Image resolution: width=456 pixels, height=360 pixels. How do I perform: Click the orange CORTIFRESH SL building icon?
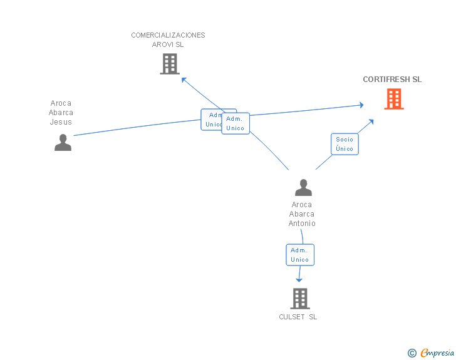[393, 99]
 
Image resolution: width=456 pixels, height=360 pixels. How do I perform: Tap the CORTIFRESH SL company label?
[392, 80]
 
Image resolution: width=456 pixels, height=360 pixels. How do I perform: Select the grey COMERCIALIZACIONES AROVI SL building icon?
[169, 64]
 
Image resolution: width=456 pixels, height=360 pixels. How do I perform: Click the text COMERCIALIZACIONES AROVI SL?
[168, 39]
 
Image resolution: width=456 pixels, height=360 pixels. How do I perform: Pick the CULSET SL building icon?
[300, 299]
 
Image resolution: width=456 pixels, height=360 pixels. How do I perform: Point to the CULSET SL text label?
[298, 317]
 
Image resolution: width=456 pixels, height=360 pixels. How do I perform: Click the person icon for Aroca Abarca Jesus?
[63, 143]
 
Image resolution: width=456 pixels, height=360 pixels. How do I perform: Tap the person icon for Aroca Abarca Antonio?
[303, 188]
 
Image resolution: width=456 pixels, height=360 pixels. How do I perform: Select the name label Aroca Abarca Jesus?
[61, 113]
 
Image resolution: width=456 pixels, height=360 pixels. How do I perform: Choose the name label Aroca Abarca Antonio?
[302, 214]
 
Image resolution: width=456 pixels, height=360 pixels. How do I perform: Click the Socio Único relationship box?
[345, 144]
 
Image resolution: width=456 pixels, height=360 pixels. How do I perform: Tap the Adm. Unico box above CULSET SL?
[299, 255]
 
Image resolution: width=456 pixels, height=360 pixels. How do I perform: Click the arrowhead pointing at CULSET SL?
[299, 279]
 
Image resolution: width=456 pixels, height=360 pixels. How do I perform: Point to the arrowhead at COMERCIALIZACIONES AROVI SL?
[184, 80]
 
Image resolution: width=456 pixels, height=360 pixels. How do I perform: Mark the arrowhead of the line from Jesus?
[361, 105]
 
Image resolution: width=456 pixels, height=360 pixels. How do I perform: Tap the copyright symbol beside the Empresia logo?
[412, 353]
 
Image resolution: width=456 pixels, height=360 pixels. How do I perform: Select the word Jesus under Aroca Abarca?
[61, 122]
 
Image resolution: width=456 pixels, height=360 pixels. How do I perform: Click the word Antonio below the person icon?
[302, 224]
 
